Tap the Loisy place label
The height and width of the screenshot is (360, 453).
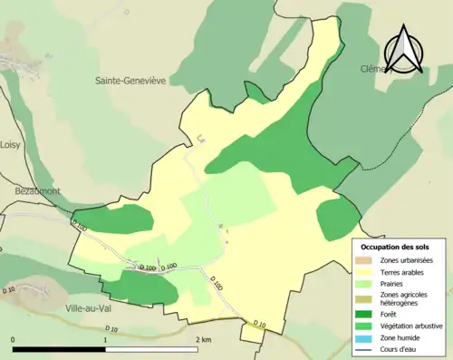(x=10, y=143)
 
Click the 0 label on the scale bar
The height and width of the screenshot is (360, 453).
(x=13, y=339)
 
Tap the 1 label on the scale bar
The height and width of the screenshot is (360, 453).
(x=106, y=339)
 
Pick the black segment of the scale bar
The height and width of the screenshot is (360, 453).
(x=59, y=349)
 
